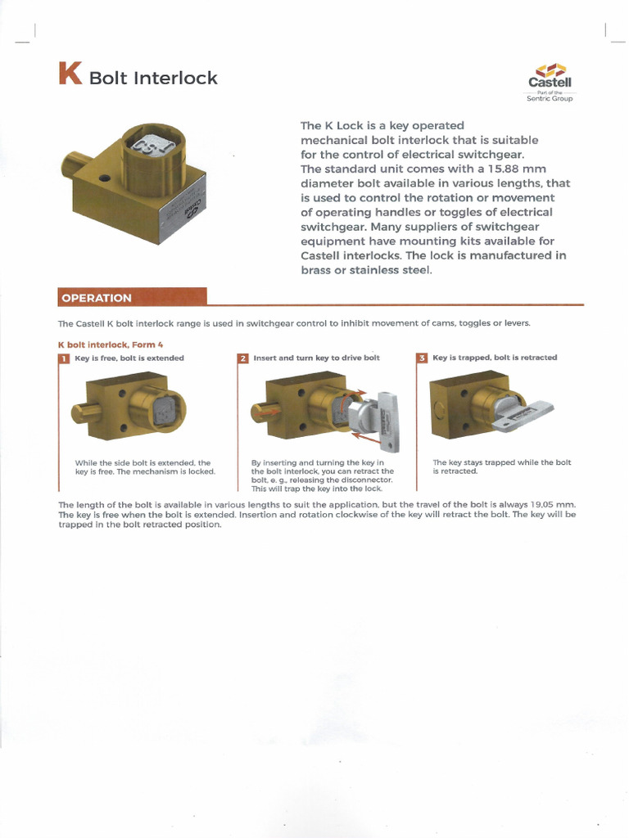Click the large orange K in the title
pyautogui.click(x=70, y=74)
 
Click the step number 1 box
pyautogui.click(x=64, y=358)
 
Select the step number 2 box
pyautogui.click(x=242, y=358)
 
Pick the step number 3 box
pyautogui.click(x=422, y=358)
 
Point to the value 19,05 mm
pyautogui.click(x=548, y=505)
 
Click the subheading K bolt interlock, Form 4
pyautogui.click(x=110, y=345)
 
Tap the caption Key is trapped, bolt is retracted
pyautogui.click(x=495, y=358)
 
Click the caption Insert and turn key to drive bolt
pyautogui.click(x=316, y=358)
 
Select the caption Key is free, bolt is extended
pyautogui.click(x=129, y=358)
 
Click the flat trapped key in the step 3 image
pyautogui.click(x=523, y=415)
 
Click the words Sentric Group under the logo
pyautogui.click(x=550, y=98)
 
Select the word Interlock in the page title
pyautogui.click(x=176, y=79)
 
